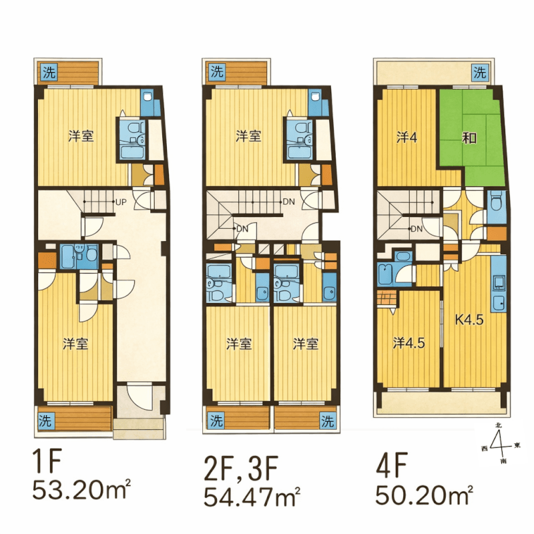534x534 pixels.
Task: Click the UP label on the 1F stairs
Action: pos(121,202)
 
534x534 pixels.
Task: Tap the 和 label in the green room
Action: pos(469,138)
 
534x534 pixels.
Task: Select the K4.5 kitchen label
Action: pos(469,320)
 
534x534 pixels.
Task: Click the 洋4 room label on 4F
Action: pos(407,138)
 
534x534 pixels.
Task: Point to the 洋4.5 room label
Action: pos(409,343)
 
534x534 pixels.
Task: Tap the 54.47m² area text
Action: pos(252,496)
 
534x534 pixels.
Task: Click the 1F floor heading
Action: pos(47,461)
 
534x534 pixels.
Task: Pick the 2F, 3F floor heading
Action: pos(241,468)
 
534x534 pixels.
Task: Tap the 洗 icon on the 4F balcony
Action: pos(480,72)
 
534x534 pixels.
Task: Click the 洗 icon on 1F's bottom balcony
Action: pos(45,421)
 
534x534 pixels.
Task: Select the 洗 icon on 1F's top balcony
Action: pos(49,72)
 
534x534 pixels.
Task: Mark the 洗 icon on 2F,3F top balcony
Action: pos(217,72)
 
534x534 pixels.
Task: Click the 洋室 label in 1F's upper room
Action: pos(81,136)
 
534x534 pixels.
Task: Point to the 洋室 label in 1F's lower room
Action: pos(75,344)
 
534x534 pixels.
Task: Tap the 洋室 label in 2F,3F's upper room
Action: pos(248,136)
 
